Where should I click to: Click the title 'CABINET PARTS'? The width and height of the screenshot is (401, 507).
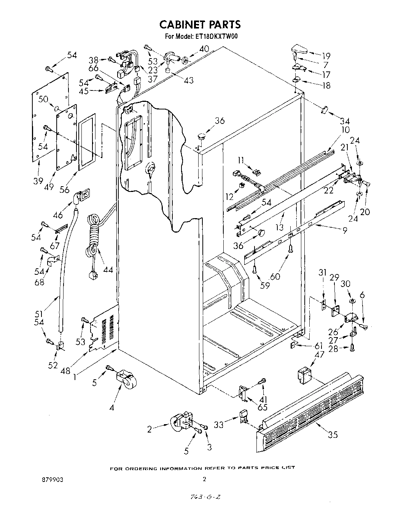(x=200, y=24)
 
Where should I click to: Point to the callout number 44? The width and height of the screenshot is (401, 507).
(x=108, y=269)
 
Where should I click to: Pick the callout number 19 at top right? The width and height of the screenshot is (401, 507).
(x=326, y=55)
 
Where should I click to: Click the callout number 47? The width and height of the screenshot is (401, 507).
(x=319, y=355)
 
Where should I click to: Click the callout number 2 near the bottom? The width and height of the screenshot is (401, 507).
(x=150, y=429)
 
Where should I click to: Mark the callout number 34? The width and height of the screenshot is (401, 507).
(x=344, y=121)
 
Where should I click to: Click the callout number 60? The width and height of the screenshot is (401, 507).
(x=275, y=276)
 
